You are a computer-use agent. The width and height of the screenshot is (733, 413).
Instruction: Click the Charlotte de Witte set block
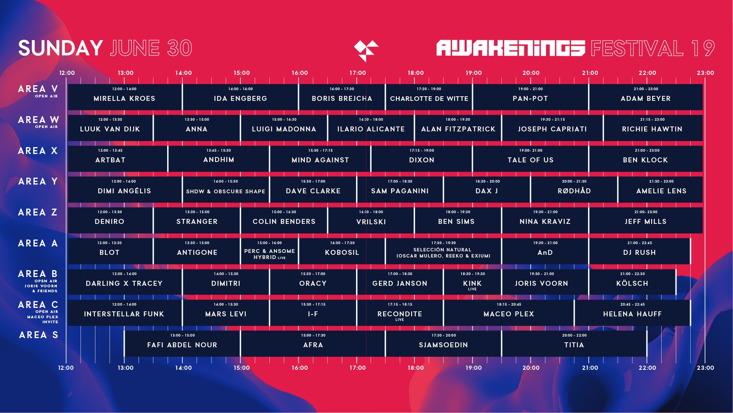(429, 97)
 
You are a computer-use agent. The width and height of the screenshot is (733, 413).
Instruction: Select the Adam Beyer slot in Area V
(646, 97)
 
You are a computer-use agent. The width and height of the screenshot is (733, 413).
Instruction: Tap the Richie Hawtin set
(653, 128)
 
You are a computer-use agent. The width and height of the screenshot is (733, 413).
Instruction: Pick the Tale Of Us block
(530, 159)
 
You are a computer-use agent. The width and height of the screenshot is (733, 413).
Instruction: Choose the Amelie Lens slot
(661, 189)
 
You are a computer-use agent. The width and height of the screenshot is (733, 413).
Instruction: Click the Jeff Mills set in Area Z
(646, 220)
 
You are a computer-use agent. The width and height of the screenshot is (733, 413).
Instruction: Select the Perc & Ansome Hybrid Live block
(269, 251)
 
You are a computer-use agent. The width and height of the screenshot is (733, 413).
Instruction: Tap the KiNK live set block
(472, 282)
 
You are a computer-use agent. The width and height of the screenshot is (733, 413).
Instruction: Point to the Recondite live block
(400, 313)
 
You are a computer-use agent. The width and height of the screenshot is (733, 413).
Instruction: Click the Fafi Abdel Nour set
(182, 344)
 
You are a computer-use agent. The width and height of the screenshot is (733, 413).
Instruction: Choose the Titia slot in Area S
(574, 344)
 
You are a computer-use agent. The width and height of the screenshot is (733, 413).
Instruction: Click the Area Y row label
(38, 181)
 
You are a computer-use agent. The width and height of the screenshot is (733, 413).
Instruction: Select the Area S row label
(39, 335)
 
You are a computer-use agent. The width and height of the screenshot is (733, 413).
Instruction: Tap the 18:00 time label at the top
(416, 73)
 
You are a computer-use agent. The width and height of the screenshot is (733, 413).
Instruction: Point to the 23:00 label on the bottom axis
(705, 368)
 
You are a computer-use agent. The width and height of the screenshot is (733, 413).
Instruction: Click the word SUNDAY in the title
(61, 49)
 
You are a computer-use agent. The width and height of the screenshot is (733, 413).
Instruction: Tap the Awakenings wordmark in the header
(511, 48)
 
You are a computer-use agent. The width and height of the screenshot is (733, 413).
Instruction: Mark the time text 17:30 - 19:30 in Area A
(443, 243)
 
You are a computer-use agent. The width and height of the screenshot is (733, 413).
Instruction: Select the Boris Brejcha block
(342, 97)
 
